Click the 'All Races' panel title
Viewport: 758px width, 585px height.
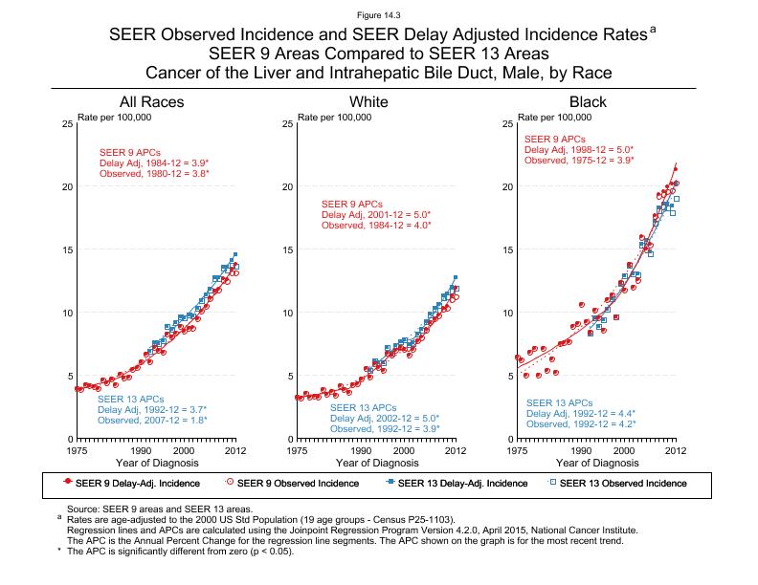click(x=151, y=102)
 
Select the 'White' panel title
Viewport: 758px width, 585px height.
click(x=369, y=102)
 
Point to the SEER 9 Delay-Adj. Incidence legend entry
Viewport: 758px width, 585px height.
click(x=131, y=484)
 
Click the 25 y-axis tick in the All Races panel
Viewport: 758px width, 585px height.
click(x=65, y=124)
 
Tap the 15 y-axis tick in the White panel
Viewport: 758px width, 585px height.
click(x=286, y=250)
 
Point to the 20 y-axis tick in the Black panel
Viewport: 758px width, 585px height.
click(x=506, y=187)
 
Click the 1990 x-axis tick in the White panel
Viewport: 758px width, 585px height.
click(x=362, y=449)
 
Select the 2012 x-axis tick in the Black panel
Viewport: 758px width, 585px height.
click(x=676, y=449)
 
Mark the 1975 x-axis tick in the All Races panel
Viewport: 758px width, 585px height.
click(x=78, y=449)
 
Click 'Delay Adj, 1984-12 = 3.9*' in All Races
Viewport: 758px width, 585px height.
click(x=154, y=163)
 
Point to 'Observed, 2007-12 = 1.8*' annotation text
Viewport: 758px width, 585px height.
click(x=153, y=420)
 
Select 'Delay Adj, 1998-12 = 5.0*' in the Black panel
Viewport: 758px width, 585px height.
click(x=579, y=149)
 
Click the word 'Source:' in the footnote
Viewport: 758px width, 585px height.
click(x=83, y=509)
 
